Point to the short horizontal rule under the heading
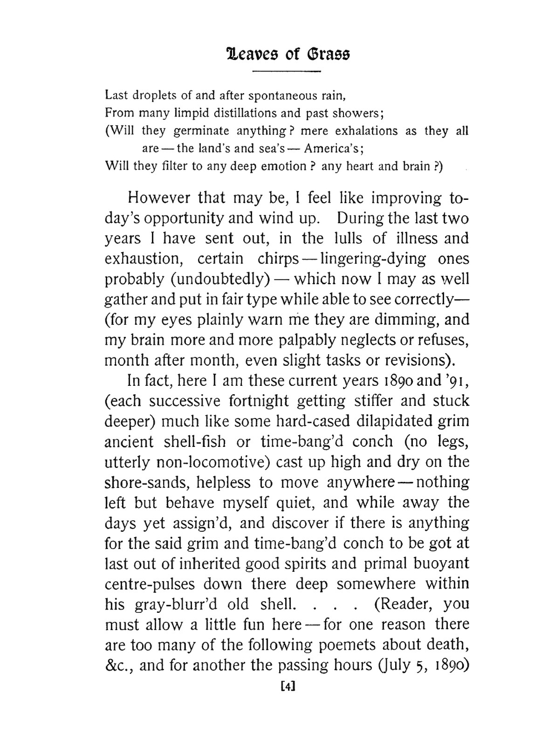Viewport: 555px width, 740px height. coord(287,72)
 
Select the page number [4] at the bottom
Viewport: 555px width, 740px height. coord(287,686)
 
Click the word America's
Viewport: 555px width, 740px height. coord(334,149)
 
